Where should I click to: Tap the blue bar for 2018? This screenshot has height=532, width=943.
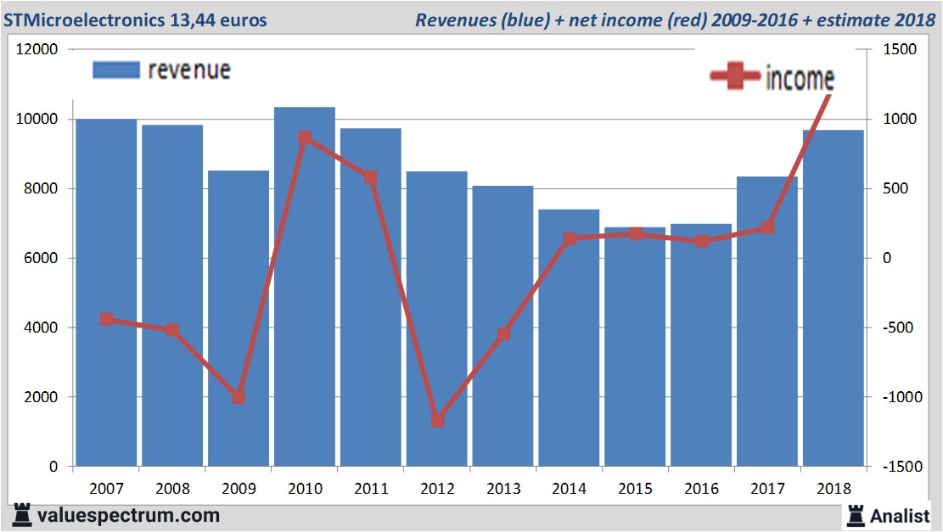click(x=833, y=297)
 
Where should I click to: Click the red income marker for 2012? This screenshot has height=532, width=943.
click(x=437, y=420)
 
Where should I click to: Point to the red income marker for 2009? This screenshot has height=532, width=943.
click(x=239, y=397)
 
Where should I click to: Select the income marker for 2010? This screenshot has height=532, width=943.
click(x=305, y=137)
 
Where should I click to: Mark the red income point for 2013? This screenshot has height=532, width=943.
click(x=503, y=334)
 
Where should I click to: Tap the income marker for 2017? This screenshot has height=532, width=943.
click(x=767, y=227)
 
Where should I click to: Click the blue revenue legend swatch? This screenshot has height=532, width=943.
click(x=115, y=70)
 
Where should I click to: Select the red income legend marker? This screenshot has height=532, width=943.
click(x=734, y=78)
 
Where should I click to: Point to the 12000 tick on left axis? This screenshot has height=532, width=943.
click(x=38, y=49)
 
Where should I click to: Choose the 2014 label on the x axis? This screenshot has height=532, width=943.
click(x=569, y=489)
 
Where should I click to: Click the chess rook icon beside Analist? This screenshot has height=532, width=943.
click(x=856, y=515)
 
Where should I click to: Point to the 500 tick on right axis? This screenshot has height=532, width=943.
click(x=896, y=188)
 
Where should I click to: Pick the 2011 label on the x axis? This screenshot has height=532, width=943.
click(x=371, y=489)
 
